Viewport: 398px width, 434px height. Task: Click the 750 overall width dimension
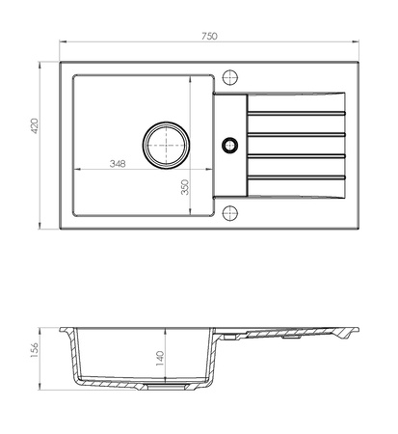point(209,37)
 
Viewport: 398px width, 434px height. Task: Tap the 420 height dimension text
point(34,126)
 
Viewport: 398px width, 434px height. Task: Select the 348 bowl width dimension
point(118,164)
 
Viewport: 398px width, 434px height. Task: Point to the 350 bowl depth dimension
point(185,187)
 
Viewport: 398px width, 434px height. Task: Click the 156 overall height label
point(34,350)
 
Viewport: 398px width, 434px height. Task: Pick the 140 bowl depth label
point(160,358)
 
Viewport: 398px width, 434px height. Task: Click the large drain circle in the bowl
point(166,145)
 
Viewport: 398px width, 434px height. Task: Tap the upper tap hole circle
point(230,77)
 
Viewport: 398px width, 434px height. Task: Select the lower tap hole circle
point(230,213)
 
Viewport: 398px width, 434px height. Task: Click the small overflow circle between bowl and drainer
point(229,146)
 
